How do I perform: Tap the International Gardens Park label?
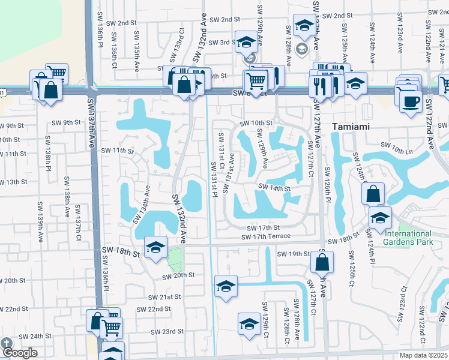pyautogui.click(x=409, y=238)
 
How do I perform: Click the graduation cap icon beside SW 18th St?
pyautogui.click(x=155, y=248)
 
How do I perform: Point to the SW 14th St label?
pyautogui.click(x=274, y=188)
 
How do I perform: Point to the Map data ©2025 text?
pyautogui.click(x=423, y=355)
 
